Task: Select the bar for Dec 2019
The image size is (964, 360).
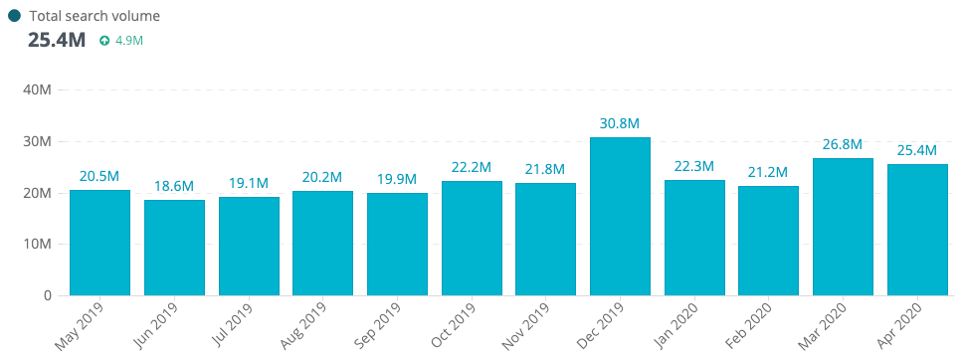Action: click(620, 216)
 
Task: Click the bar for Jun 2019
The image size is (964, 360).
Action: click(174, 248)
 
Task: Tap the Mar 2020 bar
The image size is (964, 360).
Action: click(843, 227)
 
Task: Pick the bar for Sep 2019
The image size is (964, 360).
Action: click(397, 244)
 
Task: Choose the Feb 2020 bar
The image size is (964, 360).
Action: click(768, 241)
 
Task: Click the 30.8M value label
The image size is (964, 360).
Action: click(620, 123)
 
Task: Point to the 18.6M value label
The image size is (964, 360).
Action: click(174, 186)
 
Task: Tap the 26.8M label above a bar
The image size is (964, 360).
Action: click(843, 144)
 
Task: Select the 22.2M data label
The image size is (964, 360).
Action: click(472, 167)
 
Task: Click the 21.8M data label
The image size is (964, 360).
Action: click(545, 169)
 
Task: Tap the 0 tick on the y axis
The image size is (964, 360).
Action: click(47, 296)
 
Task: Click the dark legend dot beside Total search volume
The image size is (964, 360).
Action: click(14, 16)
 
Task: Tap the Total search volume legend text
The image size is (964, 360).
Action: click(95, 16)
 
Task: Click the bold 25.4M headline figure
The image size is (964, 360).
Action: click(57, 41)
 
